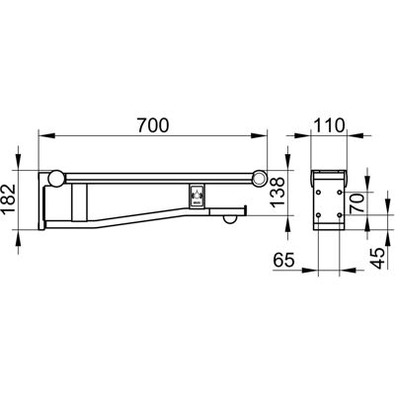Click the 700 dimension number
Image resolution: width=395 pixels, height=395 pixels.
[x=153, y=125]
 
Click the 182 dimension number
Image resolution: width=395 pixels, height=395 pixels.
[x=9, y=199]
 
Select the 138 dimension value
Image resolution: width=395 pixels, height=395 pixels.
[x=277, y=193]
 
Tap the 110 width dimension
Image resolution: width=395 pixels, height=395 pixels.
[x=329, y=125]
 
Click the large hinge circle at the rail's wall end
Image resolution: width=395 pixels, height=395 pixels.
[x=55, y=179]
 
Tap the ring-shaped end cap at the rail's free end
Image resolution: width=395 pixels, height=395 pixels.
[x=260, y=178]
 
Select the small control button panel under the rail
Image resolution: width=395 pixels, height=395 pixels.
[x=197, y=196]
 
